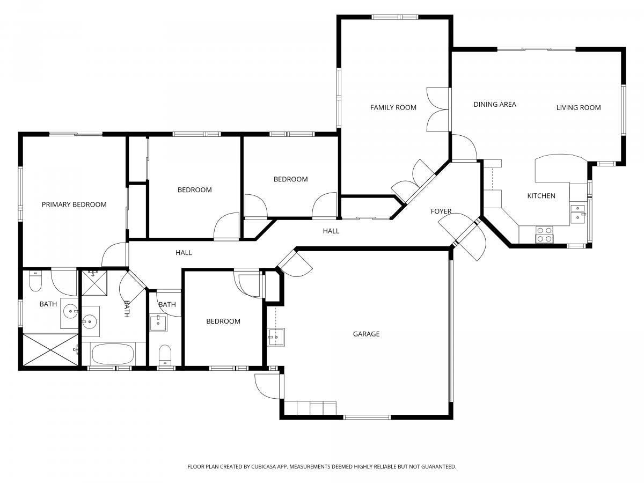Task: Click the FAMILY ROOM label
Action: coord(393,108)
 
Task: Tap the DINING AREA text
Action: coord(495,105)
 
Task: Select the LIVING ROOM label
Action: coord(579,108)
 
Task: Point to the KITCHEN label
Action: coord(541,196)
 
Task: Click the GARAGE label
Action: coord(366,334)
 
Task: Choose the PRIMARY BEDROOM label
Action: coord(74,204)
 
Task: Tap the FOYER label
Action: coord(441,211)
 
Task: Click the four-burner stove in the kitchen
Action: coord(545,235)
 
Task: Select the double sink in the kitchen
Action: coord(578,213)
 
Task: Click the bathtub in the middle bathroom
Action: coord(113,354)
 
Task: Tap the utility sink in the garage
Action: coord(275,337)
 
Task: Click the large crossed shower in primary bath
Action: coord(50,350)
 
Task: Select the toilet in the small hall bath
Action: coord(165,355)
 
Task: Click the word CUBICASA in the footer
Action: coord(264,466)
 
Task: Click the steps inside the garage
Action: coord(310,408)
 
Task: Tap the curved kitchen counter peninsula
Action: coord(561,169)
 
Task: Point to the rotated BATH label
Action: coord(127,309)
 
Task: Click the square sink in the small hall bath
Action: coord(158,323)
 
